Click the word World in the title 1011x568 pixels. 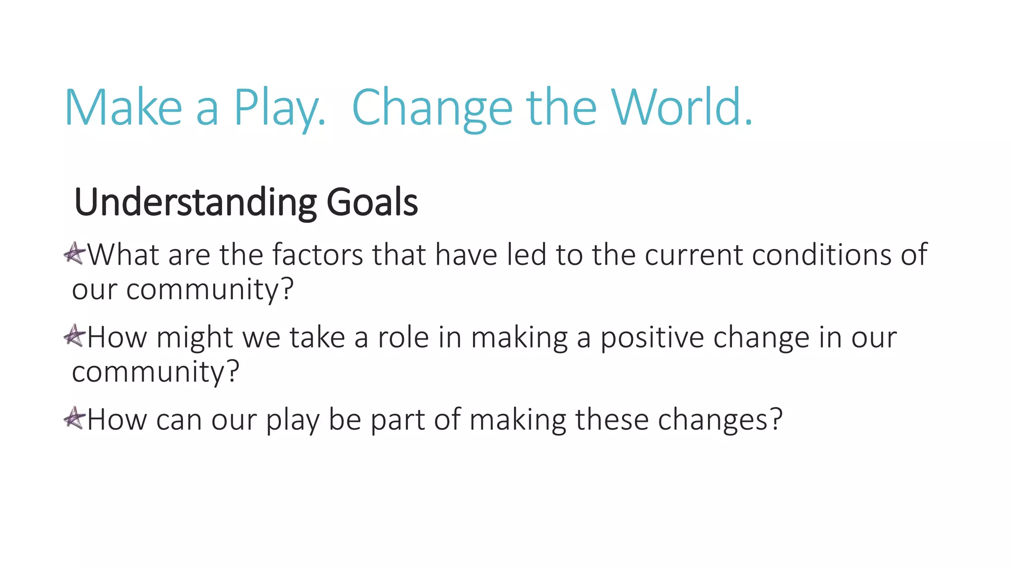pyautogui.click(x=681, y=107)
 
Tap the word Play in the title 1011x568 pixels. pyautogui.click(x=279, y=108)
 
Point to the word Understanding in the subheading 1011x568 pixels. pyautogui.click(x=195, y=202)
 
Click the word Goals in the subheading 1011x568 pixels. pyautogui.click(x=372, y=202)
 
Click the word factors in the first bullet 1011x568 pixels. pyautogui.click(x=317, y=254)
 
